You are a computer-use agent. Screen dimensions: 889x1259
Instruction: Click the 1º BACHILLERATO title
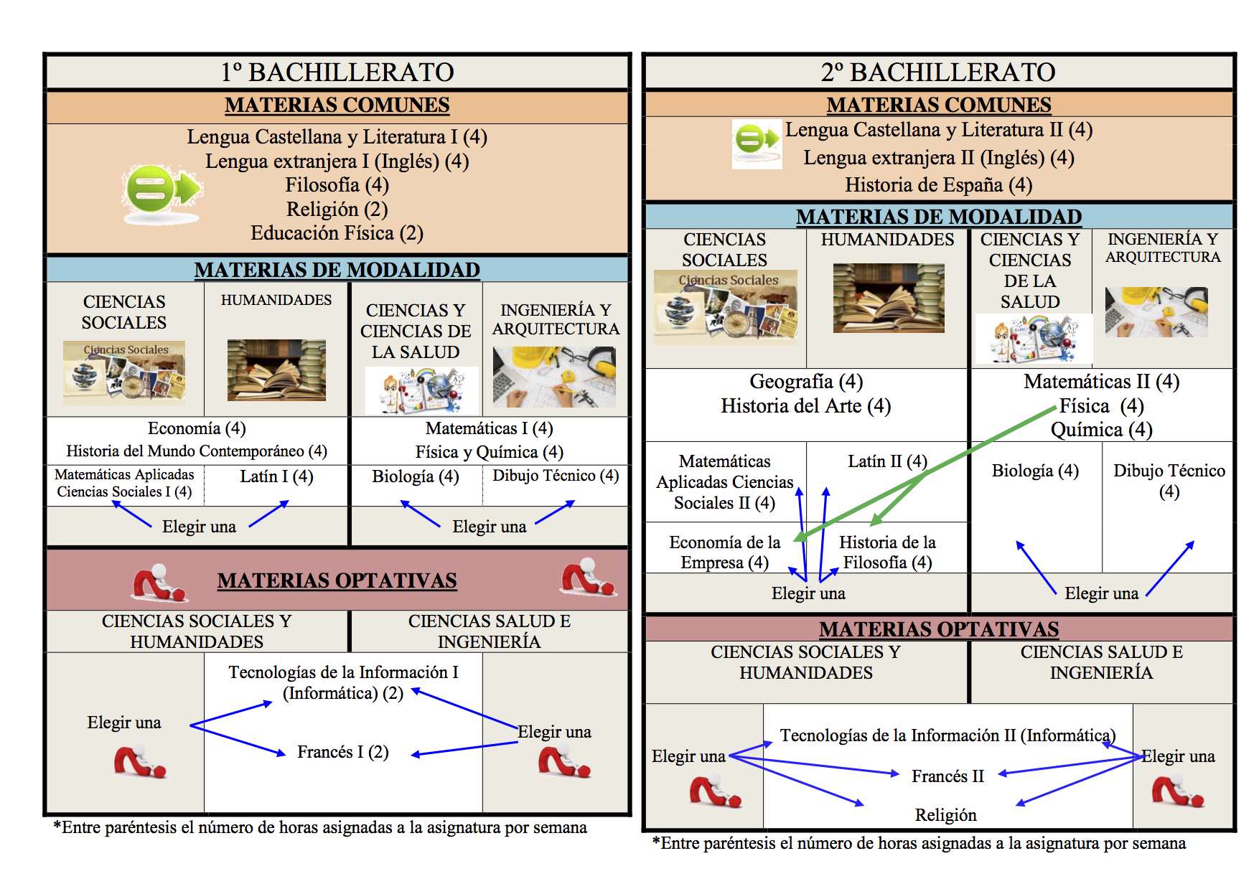tap(337, 72)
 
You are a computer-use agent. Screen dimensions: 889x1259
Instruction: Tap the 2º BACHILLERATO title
tap(938, 72)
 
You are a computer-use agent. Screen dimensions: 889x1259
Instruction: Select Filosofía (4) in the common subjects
tap(337, 185)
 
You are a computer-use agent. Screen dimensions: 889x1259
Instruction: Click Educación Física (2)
tap(337, 233)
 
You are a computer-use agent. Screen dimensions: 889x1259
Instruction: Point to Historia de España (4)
tap(938, 185)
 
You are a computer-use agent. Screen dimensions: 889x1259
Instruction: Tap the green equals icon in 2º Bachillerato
tap(757, 143)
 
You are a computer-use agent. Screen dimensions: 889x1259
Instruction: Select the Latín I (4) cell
tap(276, 476)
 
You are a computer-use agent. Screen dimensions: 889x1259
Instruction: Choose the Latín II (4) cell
tap(887, 461)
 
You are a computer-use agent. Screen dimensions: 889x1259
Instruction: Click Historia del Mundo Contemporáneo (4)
tap(197, 451)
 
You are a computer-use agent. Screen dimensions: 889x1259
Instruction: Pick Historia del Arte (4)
tap(805, 406)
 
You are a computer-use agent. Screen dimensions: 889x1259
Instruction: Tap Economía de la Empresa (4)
tap(724, 552)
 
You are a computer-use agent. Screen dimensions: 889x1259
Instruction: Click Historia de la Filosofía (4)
tap(887, 552)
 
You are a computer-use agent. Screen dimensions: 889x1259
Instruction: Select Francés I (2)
tap(342, 752)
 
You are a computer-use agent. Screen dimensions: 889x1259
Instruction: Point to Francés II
tap(947, 776)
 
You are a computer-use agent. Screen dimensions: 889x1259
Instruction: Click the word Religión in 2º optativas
tap(945, 815)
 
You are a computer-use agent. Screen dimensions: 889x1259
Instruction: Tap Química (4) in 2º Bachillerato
tap(1101, 430)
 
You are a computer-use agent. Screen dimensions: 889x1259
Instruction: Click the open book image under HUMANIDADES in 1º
tap(276, 370)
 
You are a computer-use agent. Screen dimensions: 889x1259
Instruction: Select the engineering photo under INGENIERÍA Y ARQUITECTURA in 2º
tap(1156, 312)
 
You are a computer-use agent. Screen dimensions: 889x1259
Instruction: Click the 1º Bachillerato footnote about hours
tap(320, 828)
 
